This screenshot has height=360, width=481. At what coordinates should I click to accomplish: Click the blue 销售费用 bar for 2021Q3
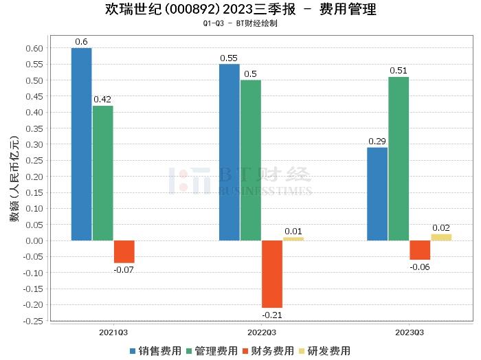coord(81,144)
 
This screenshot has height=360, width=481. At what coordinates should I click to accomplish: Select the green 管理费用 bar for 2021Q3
coord(103,173)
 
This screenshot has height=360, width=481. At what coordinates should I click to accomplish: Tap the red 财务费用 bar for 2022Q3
coord(271,274)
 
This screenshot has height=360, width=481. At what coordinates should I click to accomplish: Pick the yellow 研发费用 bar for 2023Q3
coord(441,237)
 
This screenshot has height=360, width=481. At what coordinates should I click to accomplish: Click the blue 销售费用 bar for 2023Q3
coord(377,194)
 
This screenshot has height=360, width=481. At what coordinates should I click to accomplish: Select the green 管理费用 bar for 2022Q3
coord(251,160)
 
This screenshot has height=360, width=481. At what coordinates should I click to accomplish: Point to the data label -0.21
coord(272,315)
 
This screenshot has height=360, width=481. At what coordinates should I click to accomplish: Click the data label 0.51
coord(399,70)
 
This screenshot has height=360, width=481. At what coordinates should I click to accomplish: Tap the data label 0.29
coord(377,141)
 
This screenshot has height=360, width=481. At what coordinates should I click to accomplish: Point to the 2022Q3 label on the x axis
coord(261,331)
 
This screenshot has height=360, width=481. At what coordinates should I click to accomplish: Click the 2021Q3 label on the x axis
coord(113,331)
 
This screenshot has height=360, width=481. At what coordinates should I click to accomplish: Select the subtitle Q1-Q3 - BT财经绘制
coord(240,23)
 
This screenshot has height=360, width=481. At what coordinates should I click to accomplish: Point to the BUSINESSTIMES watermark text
coord(265,190)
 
